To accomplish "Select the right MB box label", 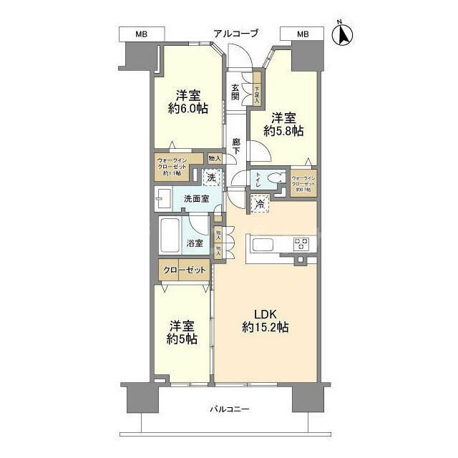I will coord(303,34).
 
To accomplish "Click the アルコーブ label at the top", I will coord(235,34).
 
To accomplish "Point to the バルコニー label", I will coord(229,409).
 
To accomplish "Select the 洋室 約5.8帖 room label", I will coord(283,125).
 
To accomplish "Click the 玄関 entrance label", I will coord(235,92).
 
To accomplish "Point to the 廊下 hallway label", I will coord(235,147).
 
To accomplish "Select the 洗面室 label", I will coord(195,198).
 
